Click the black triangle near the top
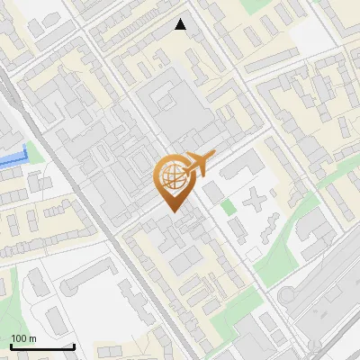tap(181, 24)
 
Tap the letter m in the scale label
tap(33, 338)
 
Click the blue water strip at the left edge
tap(12, 158)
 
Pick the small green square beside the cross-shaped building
tap(229, 207)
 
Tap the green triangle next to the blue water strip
tap(33, 151)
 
